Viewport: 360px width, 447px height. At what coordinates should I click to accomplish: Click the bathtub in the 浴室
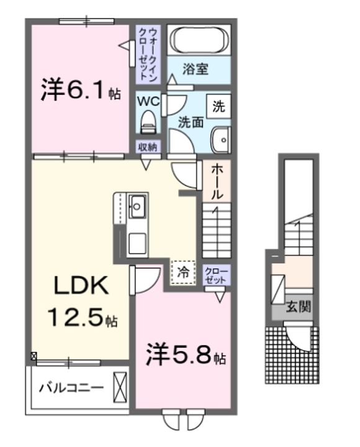point(200,41)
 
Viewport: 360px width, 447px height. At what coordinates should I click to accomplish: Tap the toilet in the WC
point(148,120)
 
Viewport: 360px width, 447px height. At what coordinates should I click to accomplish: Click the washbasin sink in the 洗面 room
point(220,140)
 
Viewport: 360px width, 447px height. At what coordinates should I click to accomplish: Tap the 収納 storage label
point(148,147)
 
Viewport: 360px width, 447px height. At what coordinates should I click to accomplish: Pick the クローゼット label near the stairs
point(217,274)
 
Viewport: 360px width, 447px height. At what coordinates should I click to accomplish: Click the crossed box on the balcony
point(120,386)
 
